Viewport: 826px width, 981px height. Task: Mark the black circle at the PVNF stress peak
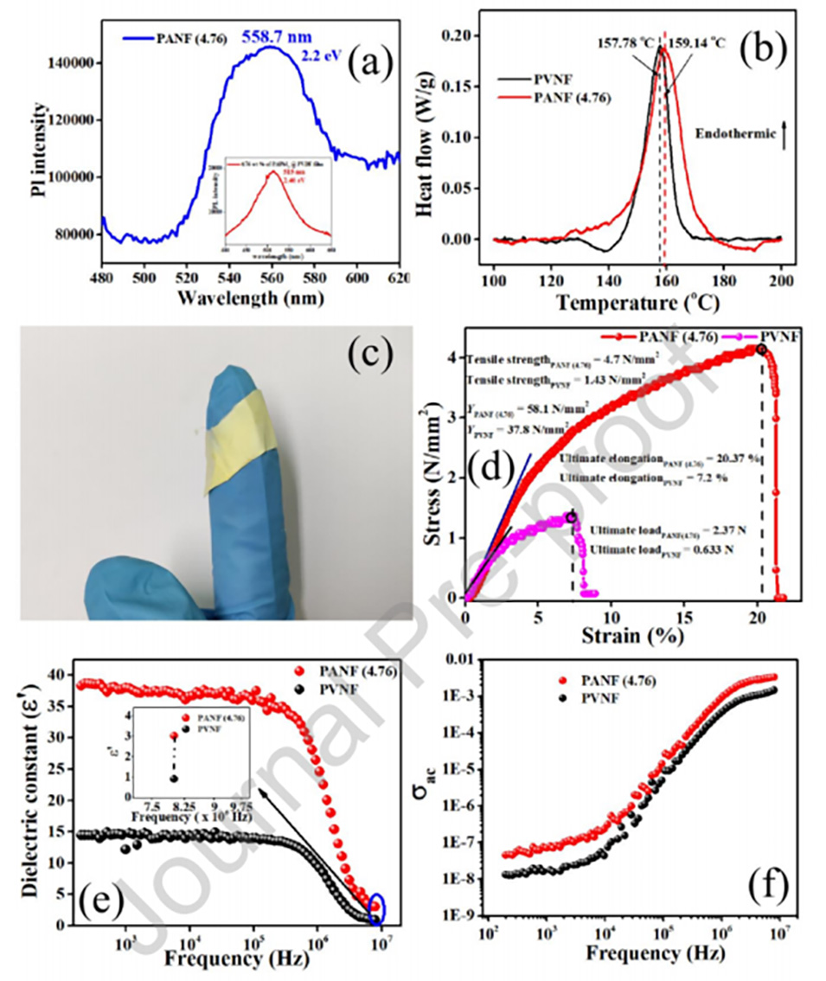coord(572,517)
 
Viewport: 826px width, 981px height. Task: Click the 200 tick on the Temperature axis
coord(780,282)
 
